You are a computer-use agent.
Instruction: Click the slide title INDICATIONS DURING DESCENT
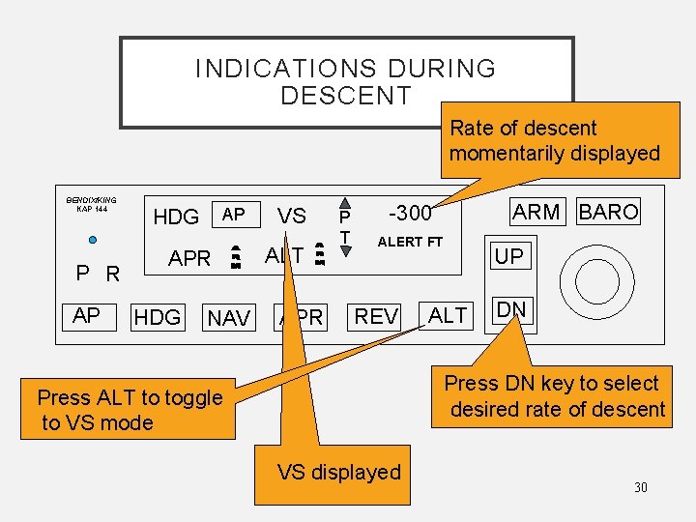point(345,82)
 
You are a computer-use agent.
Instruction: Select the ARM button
point(536,212)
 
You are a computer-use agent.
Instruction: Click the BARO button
point(608,212)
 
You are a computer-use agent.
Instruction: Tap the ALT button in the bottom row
point(448,315)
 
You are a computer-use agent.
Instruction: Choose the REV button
point(376,316)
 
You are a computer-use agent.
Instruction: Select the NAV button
point(229,318)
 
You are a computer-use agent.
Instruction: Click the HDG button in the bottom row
point(158,316)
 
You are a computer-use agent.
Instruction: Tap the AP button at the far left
point(86,314)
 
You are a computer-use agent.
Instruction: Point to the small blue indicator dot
point(92,240)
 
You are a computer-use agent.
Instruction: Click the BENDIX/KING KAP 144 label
point(92,205)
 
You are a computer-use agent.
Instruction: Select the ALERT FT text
point(409,242)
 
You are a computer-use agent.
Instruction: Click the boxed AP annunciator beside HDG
point(233,214)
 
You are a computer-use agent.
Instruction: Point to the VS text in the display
point(292,217)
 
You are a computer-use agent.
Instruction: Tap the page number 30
point(640,487)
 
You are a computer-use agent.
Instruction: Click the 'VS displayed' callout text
point(338,473)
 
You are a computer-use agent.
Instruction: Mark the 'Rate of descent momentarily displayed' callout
point(554,140)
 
